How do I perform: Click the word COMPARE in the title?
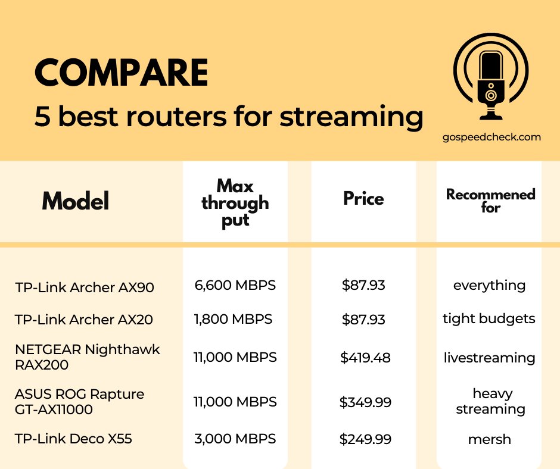click(122, 73)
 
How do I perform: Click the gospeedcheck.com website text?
click(491, 137)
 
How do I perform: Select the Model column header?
click(76, 202)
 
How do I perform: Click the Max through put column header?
click(235, 202)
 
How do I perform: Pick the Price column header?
click(363, 198)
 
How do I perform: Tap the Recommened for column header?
click(490, 201)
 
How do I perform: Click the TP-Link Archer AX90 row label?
click(85, 287)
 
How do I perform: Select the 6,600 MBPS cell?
click(235, 285)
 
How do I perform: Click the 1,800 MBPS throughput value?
click(233, 319)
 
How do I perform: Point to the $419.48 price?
click(365, 358)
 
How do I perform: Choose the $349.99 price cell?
click(365, 402)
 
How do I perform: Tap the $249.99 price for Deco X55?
click(365, 439)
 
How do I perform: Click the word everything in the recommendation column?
click(489, 285)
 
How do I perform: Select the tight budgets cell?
click(489, 318)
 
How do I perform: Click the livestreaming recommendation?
click(489, 358)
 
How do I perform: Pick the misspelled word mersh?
click(489, 439)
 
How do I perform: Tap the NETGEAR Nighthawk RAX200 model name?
click(87, 357)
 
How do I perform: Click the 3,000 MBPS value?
click(235, 439)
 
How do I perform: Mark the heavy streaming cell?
click(491, 401)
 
